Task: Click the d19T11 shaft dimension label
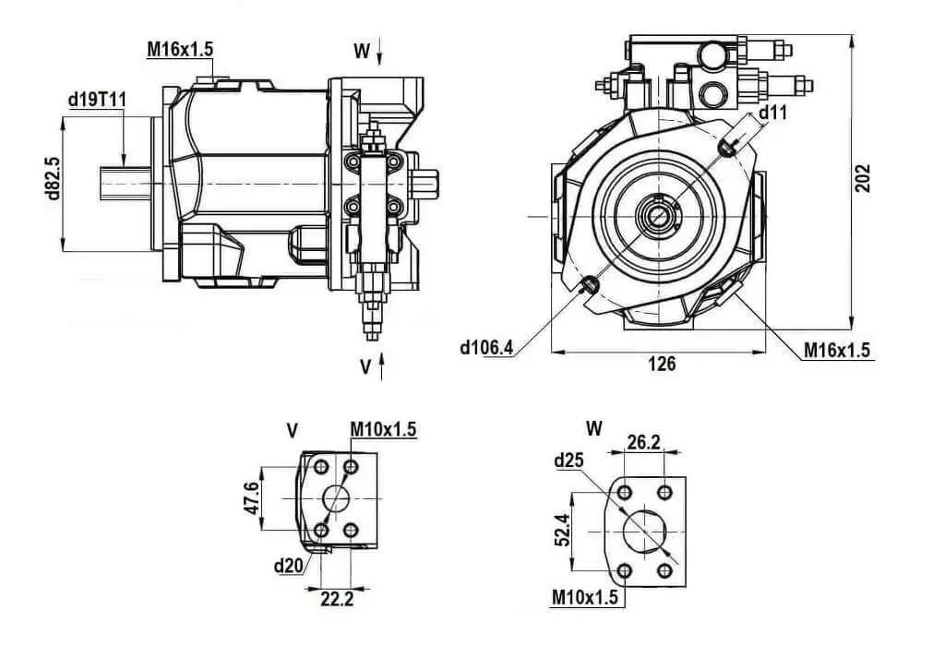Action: [97, 100]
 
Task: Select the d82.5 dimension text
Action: [53, 178]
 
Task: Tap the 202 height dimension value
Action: [863, 178]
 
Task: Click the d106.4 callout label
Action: [486, 347]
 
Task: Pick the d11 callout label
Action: [772, 112]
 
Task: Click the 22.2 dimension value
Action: [336, 599]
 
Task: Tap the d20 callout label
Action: [288, 566]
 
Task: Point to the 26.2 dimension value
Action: [643, 442]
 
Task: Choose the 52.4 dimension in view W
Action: [561, 530]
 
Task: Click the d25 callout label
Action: [568, 461]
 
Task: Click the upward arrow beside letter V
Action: [381, 367]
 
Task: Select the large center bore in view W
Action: [644, 532]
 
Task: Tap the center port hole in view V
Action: [336, 498]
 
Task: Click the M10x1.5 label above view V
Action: [383, 430]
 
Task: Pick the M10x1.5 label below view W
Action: [585, 597]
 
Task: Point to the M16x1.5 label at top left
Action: [180, 49]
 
